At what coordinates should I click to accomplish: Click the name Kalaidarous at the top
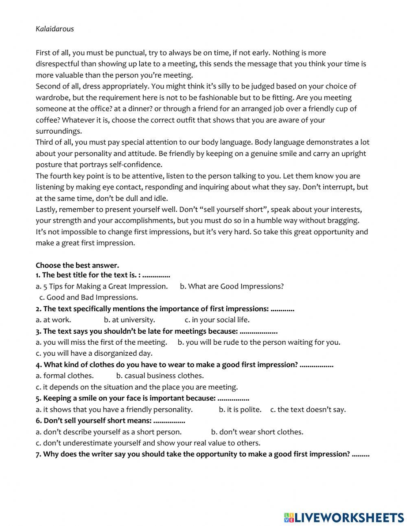pyautogui.click(x=55, y=29)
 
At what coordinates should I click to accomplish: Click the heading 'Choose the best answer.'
pyautogui.click(x=77, y=265)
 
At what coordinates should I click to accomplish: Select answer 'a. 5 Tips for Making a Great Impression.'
pyautogui.click(x=101, y=286)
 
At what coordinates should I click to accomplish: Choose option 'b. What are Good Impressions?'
pyautogui.click(x=232, y=286)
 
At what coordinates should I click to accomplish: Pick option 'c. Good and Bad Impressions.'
pyautogui.click(x=89, y=297)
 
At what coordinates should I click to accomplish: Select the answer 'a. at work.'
pyautogui.click(x=53, y=320)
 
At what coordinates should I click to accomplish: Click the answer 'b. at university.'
pyautogui.click(x=129, y=320)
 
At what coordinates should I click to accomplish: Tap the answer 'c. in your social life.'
pyautogui.click(x=217, y=320)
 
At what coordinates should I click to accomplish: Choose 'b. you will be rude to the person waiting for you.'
pyautogui.click(x=259, y=342)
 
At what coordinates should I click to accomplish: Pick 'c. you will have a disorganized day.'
pyautogui.click(x=94, y=353)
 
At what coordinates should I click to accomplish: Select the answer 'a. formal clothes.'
pyautogui.click(x=65, y=376)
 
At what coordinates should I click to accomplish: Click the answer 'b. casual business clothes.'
pyautogui.click(x=160, y=376)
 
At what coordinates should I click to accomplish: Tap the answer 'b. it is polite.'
pyautogui.click(x=240, y=409)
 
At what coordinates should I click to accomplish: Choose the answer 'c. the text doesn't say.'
pyautogui.click(x=308, y=409)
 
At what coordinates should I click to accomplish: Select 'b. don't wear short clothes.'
pyautogui.click(x=257, y=432)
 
